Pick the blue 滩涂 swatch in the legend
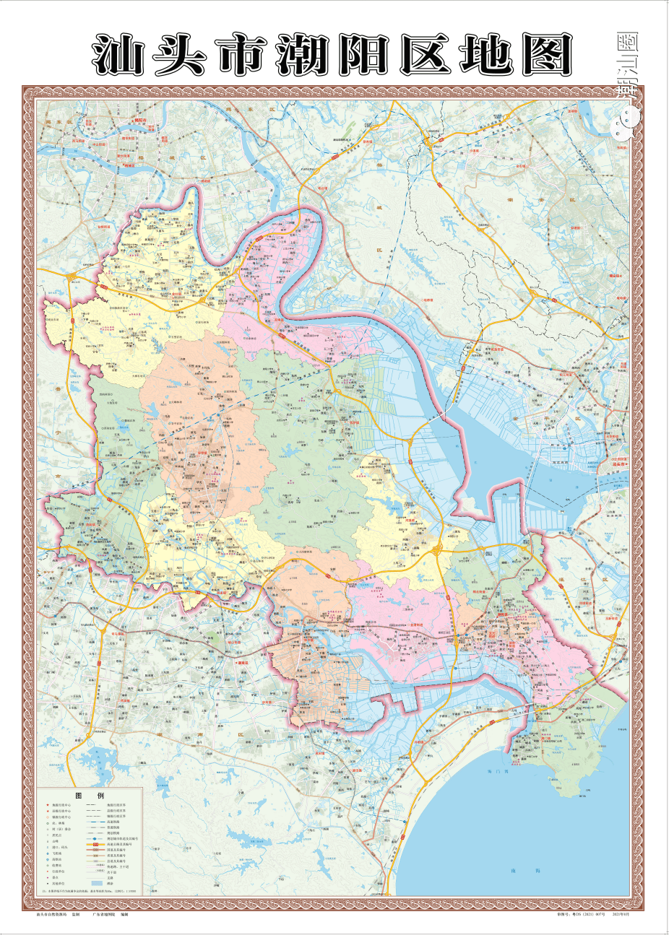[96, 883]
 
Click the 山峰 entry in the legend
[53, 841]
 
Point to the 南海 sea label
[515, 871]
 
